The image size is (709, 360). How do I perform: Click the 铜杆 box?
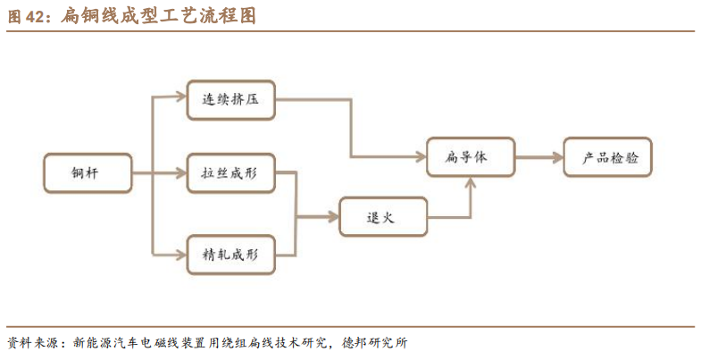pos(88,173)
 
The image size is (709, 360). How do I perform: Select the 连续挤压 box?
pos(230,99)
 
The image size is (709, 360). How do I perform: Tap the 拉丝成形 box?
pos(230,173)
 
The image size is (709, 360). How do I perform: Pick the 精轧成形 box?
pos(230,254)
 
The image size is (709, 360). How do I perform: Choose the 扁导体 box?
pos(470,157)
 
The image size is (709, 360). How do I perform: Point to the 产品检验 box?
pos(607,157)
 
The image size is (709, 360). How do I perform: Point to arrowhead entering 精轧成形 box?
pos(181,255)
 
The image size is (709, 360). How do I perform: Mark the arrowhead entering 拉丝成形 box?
pos(181,173)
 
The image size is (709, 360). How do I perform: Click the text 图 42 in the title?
pos(27,15)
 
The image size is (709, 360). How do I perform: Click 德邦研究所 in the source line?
pos(382,342)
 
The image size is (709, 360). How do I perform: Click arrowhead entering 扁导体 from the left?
pos(421,157)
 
